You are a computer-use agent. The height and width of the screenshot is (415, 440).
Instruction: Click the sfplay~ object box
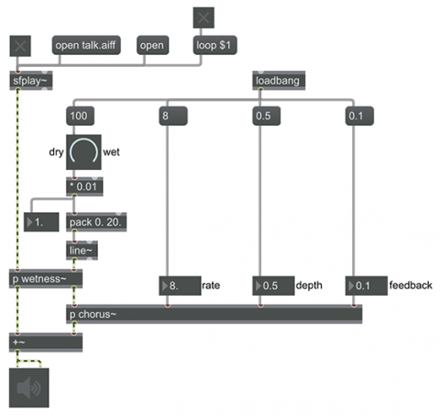[x=31, y=81]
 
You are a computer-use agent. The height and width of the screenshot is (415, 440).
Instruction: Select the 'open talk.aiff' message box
[x=86, y=45]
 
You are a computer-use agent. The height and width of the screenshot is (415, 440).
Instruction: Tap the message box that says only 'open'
[x=152, y=45]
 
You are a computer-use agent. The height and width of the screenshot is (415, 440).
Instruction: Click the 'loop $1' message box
[x=214, y=45]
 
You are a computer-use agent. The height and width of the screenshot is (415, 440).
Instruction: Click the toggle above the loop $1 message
[x=203, y=17]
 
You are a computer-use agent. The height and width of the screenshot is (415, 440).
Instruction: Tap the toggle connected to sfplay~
[x=20, y=46]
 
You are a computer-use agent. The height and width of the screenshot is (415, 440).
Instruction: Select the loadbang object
[x=279, y=81]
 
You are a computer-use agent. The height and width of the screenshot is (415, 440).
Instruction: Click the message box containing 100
[x=80, y=116]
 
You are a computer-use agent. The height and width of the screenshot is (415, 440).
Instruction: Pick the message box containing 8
[x=173, y=116]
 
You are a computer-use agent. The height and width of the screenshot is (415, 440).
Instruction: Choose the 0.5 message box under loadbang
[x=267, y=116]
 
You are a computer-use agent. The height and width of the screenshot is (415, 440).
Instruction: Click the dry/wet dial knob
[x=83, y=152]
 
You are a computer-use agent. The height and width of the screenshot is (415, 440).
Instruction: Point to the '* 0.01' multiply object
[x=84, y=186]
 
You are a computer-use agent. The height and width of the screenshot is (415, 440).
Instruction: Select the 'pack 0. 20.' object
[x=96, y=222]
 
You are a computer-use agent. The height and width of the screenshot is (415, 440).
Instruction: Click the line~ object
[x=82, y=251]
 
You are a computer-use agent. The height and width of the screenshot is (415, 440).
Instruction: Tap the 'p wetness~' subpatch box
[x=46, y=279]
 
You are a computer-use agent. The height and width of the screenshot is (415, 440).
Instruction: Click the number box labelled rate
[x=180, y=286]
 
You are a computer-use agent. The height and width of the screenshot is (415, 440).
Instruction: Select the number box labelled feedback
[x=367, y=286]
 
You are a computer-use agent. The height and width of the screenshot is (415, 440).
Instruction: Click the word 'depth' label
[x=309, y=286]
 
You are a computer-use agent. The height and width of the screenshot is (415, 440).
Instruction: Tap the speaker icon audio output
[x=28, y=387]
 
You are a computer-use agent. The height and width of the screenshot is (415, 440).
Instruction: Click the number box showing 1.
[x=41, y=222]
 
